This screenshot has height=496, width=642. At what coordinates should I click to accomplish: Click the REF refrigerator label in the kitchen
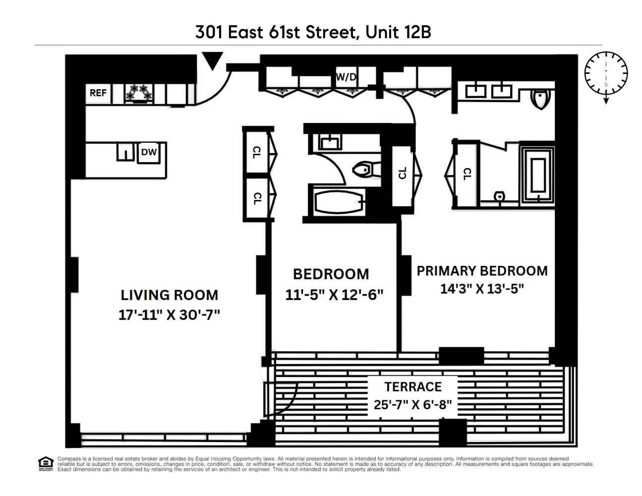pyautogui.click(x=98, y=93)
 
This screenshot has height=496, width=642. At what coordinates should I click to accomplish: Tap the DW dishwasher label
pyautogui.click(x=149, y=152)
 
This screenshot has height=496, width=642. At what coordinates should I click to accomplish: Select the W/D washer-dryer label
pyautogui.click(x=347, y=77)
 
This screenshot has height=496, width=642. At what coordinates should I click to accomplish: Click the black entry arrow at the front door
pyautogui.click(x=213, y=61)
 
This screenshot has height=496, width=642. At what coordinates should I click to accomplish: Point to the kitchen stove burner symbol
pyautogui.click(x=139, y=92)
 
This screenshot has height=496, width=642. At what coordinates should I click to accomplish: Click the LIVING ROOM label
pyautogui.click(x=169, y=295)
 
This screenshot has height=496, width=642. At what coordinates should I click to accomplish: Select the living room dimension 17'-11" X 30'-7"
pyautogui.click(x=169, y=314)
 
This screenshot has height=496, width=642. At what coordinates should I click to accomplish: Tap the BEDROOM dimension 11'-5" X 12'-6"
pyautogui.click(x=334, y=295)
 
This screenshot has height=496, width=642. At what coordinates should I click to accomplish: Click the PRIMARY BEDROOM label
pyautogui.click(x=482, y=271)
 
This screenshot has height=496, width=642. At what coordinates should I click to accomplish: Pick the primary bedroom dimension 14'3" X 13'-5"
pyautogui.click(x=482, y=289)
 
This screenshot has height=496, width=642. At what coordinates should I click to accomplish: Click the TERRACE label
pyautogui.click(x=412, y=387)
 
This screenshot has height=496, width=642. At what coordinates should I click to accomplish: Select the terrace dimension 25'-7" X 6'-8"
pyautogui.click(x=412, y=405)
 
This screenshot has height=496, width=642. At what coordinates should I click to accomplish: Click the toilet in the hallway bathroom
pyautogui.click(x=365, y=170)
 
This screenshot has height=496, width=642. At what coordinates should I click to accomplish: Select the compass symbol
pyautogui.click(x=606, y=73)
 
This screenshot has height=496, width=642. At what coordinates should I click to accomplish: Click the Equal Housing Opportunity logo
pyautogui.click(x=45, y=464)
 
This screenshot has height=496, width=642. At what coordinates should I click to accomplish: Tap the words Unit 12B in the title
pyautogui.click(x=398, y=32)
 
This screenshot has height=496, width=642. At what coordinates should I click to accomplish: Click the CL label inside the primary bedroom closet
pyautogui.click(x=467, y=174)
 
